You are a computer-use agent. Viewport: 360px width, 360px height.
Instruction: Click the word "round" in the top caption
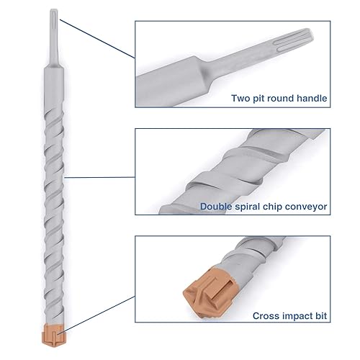282,98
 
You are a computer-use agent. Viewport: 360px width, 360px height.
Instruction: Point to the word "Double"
217,206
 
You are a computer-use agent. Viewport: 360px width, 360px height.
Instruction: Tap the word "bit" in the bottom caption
320,315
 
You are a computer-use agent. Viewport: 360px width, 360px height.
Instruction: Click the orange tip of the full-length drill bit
53,333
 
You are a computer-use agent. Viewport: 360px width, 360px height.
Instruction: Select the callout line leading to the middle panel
101,167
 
